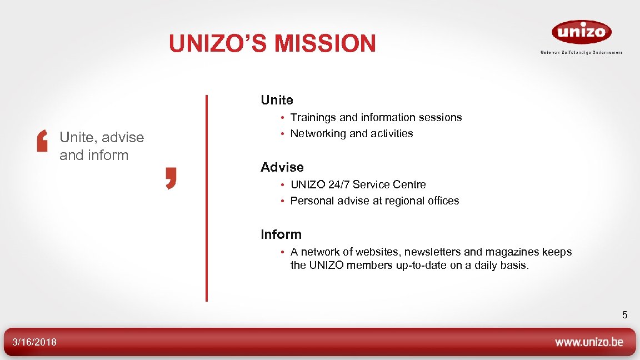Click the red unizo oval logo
(581, 32)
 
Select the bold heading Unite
(277, 100)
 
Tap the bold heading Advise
(282, 167)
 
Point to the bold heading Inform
(281, 234)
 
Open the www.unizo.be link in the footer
(589, 342)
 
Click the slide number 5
(624, 315)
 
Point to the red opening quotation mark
(42, 142)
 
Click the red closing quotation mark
(171, 179)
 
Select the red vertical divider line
(207, 198)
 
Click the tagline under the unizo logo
(581, 53)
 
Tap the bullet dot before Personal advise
(282, 201)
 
